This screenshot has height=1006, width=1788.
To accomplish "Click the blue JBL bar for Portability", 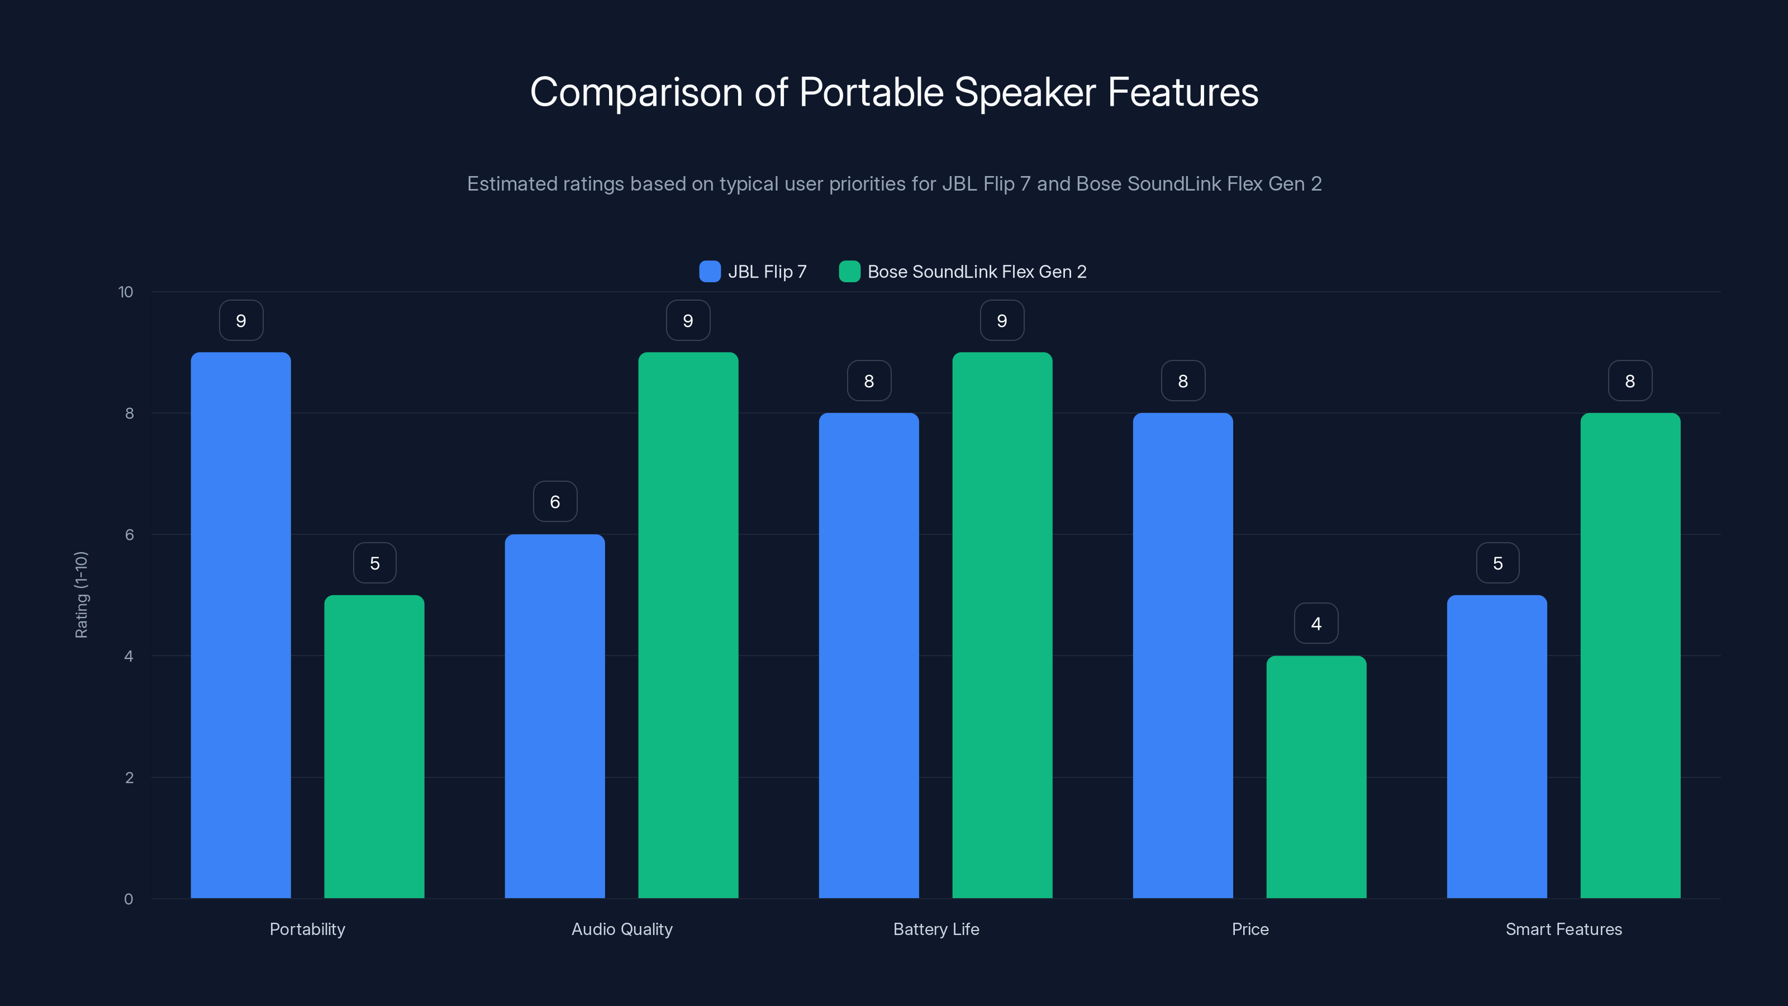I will tap(241, 625).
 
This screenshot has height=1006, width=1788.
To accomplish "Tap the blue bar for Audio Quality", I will tap(555, 715).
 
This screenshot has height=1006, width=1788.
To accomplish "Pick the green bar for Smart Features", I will tap(1630, 656).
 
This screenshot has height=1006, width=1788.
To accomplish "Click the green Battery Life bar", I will tap(1002, 625).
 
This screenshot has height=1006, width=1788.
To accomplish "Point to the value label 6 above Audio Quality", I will tap(555, 502).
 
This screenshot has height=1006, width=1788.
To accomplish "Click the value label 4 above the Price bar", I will tap(1316, 624).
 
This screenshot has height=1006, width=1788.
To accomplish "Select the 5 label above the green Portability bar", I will tap(375, 563).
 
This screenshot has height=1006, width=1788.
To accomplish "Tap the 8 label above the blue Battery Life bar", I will tap(869, 381).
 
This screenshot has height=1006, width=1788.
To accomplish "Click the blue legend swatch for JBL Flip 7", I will tap(710, 272).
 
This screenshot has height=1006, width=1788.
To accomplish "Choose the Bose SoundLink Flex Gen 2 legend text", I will tap(977, 272).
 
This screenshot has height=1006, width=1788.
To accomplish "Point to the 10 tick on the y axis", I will tap(126, 292).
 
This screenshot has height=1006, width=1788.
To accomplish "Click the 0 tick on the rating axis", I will tap(129, 899).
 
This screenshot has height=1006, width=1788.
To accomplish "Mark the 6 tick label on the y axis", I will tap(129, 535).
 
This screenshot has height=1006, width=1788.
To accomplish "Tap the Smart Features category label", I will tap(1563, 929).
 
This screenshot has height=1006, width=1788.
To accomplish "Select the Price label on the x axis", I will tap(1249, 929).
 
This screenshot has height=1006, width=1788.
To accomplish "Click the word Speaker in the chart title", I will tap(1025, 92).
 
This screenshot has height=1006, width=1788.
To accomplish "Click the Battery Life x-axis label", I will tap(936, 929).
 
